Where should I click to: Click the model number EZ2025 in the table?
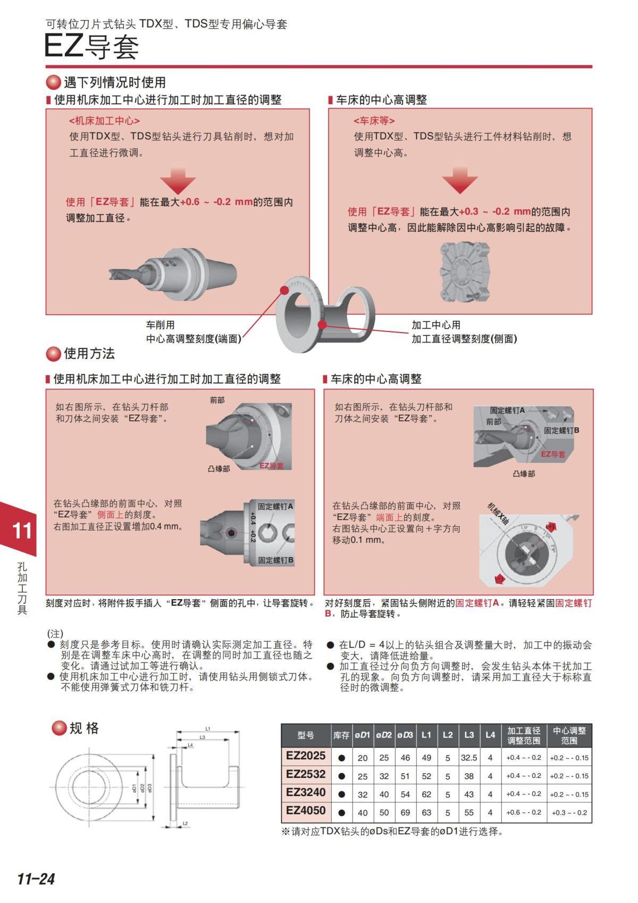[305, 756]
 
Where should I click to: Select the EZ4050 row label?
[305, 811]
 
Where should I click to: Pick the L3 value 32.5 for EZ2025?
[468, 758]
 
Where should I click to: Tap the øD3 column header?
[405, 735]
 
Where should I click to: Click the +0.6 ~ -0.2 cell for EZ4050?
[524, 813]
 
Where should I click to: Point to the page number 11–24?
[36, 879]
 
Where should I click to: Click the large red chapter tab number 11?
[22, 531]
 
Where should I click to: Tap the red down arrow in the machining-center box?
[178, 181]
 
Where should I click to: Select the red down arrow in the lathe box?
[460, 180]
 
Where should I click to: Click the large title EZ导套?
[91, 47]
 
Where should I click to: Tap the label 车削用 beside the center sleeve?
[160, 325]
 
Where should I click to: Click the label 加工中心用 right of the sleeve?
[436, 325]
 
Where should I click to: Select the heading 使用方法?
[89, 353]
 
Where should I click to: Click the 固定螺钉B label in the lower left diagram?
[275, 560]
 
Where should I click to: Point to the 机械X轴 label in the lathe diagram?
[498, 513]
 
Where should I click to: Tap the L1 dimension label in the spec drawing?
[208, 729]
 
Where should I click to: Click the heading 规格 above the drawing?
[84, 728]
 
